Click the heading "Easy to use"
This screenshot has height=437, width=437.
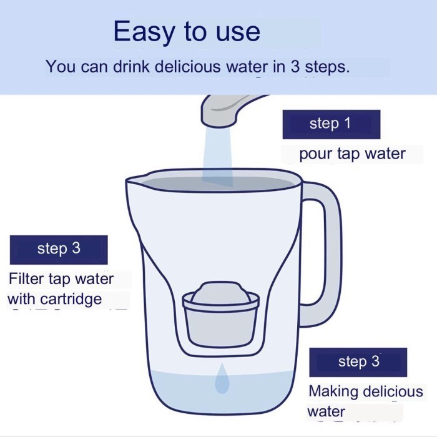187,31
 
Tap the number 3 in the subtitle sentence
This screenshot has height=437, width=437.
295,66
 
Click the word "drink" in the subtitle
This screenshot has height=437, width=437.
131,66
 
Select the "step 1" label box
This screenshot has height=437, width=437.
331,124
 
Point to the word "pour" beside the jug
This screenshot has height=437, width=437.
316,154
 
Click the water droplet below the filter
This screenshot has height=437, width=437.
222,378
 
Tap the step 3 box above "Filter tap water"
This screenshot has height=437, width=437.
59,250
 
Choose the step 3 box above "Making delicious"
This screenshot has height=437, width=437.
358,362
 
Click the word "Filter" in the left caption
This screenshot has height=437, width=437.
26,278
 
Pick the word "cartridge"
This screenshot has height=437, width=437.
71,299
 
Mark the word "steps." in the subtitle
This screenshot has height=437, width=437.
327,67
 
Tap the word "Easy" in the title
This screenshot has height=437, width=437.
144,32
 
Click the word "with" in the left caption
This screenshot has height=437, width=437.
21,299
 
